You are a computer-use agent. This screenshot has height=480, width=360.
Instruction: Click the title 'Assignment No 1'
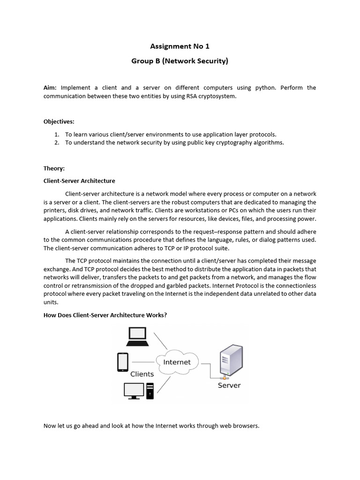(180, 46)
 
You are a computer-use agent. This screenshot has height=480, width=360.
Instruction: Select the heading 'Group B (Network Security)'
(180, 61)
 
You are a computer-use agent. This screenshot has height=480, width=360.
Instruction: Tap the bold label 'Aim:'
(50, 88)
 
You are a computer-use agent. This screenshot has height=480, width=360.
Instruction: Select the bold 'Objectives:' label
(59, 121)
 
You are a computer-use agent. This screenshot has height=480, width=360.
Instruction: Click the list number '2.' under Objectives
(57, 142)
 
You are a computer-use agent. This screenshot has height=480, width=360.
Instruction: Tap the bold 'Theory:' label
(54, 168)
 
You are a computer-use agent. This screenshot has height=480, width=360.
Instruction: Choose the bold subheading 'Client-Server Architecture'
(79, 180)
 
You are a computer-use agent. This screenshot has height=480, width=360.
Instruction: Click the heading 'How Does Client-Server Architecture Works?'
(105, 315)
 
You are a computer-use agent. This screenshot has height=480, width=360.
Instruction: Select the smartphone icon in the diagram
(122, 361)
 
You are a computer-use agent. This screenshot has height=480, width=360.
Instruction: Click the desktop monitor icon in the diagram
(134, 390)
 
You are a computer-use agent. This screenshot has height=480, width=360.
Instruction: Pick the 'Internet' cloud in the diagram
(177, 362)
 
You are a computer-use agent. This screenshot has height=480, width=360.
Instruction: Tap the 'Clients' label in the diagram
(142, 374)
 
